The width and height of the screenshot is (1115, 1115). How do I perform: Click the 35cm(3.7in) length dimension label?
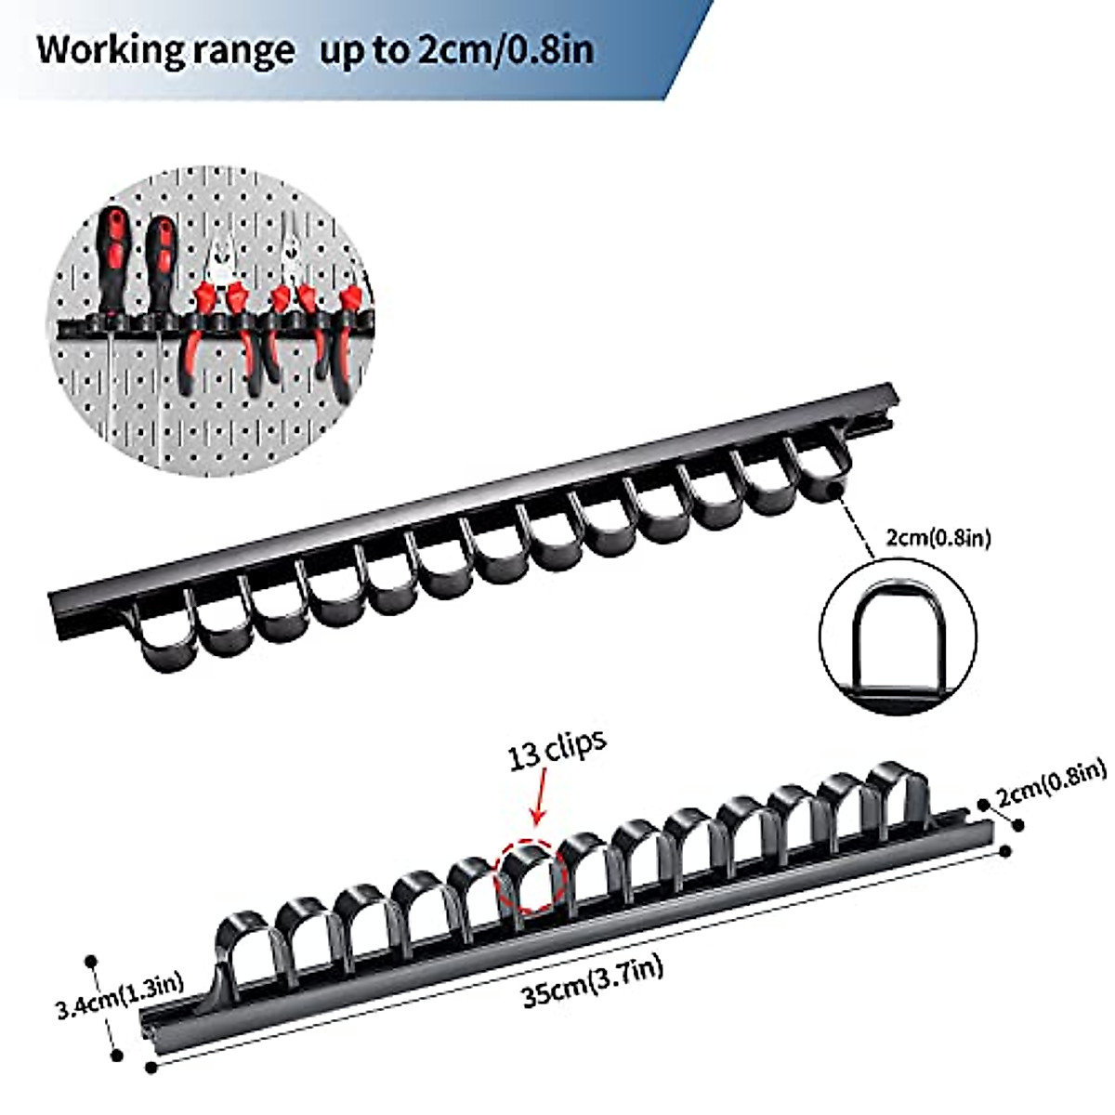pos(592,982)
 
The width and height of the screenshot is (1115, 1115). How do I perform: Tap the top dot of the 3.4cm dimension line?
pos(91,960)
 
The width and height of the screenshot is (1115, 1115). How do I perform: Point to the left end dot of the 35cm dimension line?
pos(151,1069)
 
